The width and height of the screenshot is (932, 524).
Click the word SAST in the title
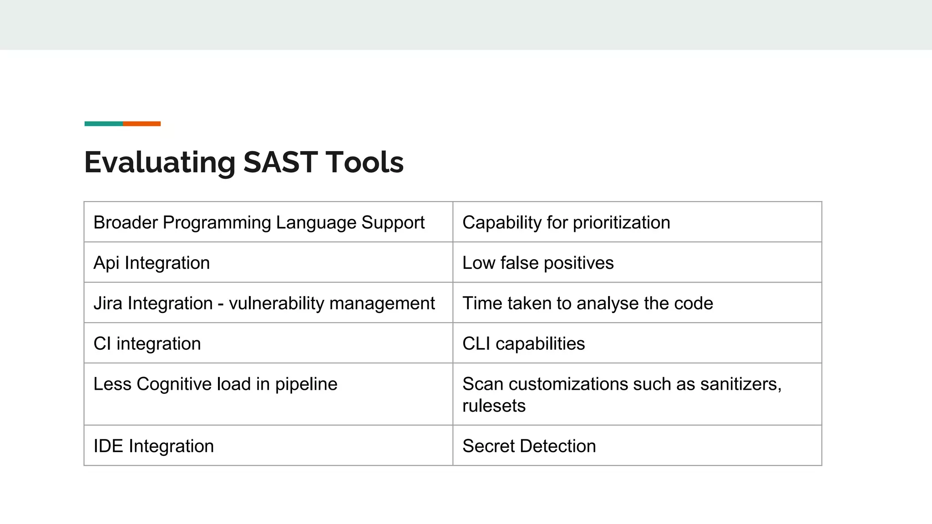(x=280, y=162)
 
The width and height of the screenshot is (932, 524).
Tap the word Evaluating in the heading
(x=160, y=162)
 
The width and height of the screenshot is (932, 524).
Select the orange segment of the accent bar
(x=142, y=124)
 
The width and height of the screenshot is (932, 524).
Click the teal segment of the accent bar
(x=104, y=124)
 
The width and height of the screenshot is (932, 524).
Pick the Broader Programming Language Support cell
(x=259, y=222)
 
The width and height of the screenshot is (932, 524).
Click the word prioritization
(x=621, y=222)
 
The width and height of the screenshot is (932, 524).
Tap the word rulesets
(x=494, y=406)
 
